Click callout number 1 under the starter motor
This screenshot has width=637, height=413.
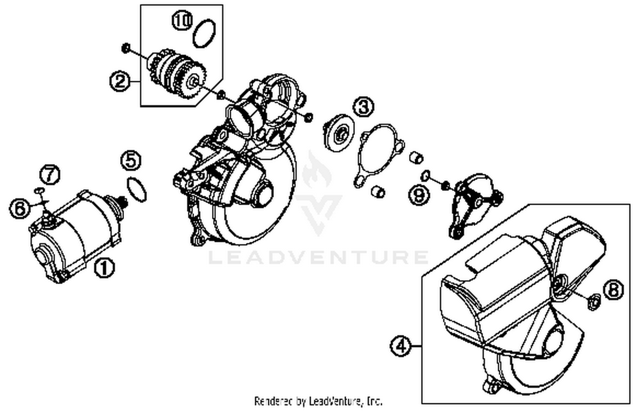(x=104, y=268)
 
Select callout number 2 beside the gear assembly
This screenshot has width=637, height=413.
(x=120, y=80)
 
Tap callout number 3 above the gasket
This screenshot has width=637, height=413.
(x=364, y=107)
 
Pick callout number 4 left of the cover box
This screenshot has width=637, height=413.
(x=400, y=346)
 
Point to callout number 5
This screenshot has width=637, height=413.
(x=131, y=161)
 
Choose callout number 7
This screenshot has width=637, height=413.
(x=50, y=174)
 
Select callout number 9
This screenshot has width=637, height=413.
(x=419, y=195)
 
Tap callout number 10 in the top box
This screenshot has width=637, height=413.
(x=182, y=21)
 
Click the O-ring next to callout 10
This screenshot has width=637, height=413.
(x=204, y=34)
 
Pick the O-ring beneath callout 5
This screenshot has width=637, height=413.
(x=137, y=189)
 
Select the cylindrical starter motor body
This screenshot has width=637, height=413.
(x=72, y=238)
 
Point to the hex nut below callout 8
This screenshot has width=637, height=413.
(x=593, y=303)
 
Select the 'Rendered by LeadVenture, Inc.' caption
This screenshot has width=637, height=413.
(x=318, y=401)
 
